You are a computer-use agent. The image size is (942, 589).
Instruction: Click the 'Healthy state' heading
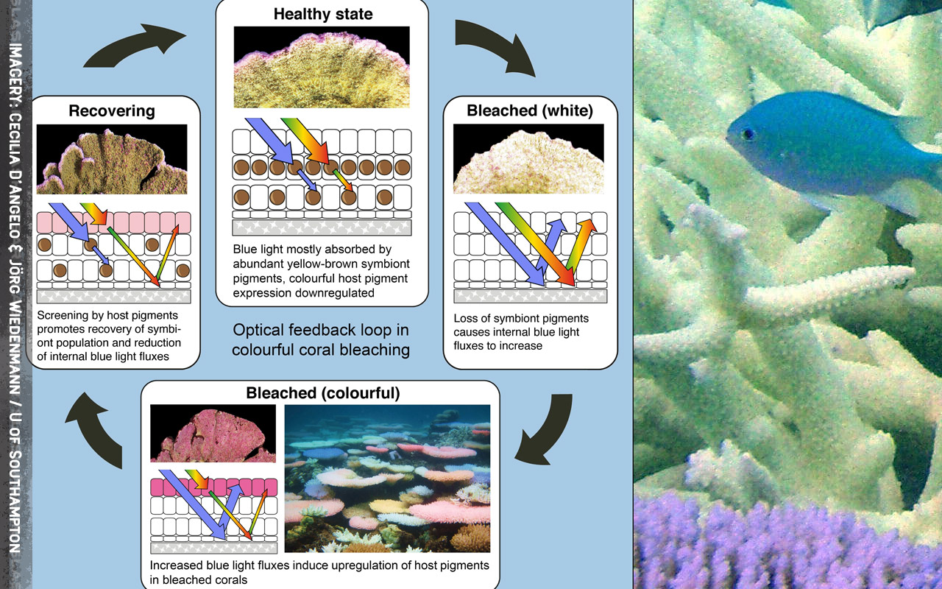(x=322, y=14)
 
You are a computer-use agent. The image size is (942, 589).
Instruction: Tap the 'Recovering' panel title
(x=112, y=111)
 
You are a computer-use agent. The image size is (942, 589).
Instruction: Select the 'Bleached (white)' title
(x=528, y=111)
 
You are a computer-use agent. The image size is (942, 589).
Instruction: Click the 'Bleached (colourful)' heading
(x=323, y=393)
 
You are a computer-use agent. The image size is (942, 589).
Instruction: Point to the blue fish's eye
(x=748, y=134)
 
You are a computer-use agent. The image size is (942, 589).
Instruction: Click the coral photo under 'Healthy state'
(x=322, y=67)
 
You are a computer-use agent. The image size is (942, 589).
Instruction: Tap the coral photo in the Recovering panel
(x=112, y=160)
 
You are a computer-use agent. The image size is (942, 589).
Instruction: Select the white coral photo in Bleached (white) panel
(x=528, y=159)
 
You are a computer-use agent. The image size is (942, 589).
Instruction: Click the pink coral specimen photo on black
(x=213, y=434)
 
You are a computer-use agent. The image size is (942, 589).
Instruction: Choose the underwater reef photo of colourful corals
(x=387, y=479)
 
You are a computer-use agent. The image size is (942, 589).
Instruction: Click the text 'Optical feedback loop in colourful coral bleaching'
(x=321, y=339)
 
